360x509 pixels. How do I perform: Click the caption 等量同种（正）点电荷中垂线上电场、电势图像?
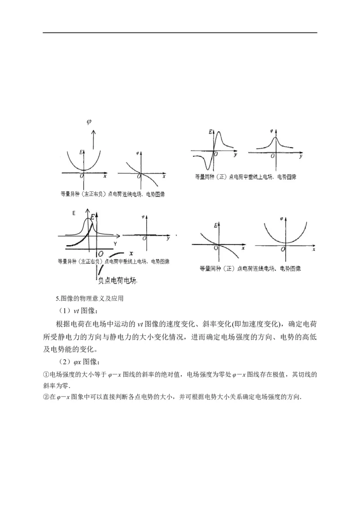pos(245,177)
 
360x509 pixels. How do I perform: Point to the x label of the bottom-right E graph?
pos(243,248)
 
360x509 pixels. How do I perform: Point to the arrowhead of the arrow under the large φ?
pos(93,131)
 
